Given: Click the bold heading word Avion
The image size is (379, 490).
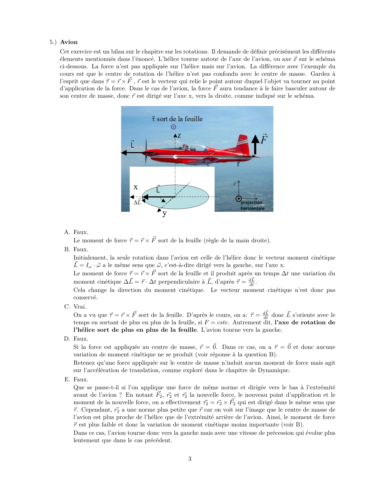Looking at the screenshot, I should tap(69, 42).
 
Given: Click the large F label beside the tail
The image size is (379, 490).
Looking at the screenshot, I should tap(264, 139).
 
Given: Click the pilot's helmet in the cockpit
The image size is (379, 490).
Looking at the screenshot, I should tap(187, 146).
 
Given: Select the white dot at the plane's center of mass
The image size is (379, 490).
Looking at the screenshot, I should tap(175, 157).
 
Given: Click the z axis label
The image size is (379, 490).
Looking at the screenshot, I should tap(179, 136).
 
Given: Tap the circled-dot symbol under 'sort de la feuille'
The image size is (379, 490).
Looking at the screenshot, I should tap(174, 127).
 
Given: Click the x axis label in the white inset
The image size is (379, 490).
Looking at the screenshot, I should tap(136, 187).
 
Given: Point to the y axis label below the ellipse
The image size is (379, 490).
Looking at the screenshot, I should tap(165, 213).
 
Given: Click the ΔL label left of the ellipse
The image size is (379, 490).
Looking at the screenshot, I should tap(137, 202).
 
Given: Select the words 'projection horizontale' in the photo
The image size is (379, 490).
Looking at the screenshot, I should tap(252, 205).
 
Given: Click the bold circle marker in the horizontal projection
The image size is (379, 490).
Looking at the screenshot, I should tap(238, 199).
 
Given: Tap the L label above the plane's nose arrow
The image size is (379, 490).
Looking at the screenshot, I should tap(133, 145).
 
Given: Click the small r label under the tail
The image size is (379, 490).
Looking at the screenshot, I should tap(238, 164).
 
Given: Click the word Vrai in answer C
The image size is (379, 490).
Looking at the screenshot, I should tap(80, 306).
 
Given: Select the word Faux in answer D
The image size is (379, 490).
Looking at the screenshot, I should tap(81, 339).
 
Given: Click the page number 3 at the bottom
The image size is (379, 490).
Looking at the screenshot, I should tap(190, 459).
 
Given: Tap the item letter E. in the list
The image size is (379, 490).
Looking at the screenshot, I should tap(67, 379).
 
